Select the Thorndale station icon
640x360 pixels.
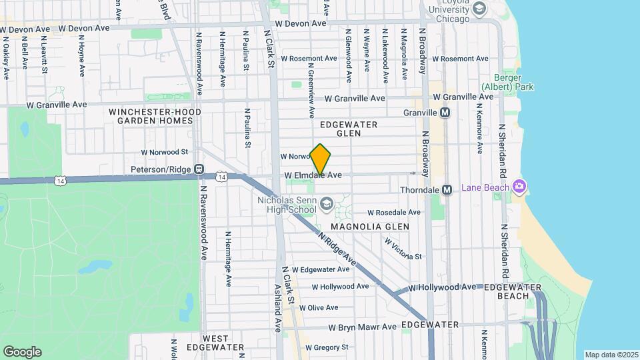pyautogui.click(x=447, y=190)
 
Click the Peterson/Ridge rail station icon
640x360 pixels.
pyautogui.click(x=198, y=169)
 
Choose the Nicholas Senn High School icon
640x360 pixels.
pyautogui.click(x=327, y=204)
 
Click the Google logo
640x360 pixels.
pyautogui.click(x=22, y=351)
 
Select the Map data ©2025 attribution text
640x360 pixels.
pyautogui.click(x=611, y=355)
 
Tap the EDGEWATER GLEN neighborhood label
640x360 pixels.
pyautogui.click(x=349, y=129)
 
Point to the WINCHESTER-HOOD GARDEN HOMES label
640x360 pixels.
pyautogui.click(x=151, y=116)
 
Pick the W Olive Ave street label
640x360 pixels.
pyautogui.click(x=319, y=308)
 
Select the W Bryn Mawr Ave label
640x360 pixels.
pyautogui.click(x=363, y=327)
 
